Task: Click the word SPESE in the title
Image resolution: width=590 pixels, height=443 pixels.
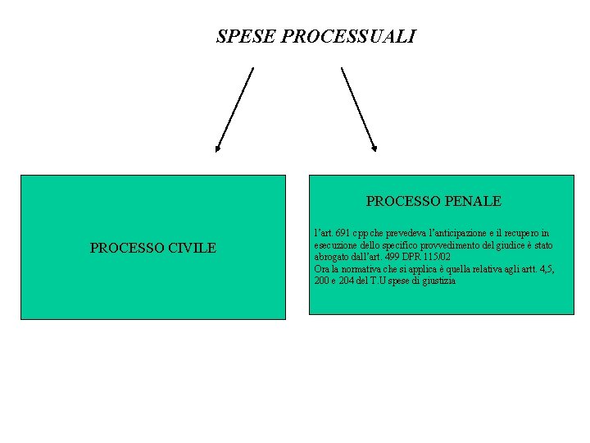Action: click(x=245, y=37)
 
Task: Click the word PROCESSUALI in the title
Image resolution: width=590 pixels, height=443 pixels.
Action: click(x=347, y=37)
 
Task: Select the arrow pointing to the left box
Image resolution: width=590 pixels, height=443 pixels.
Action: click(x=234, y=109)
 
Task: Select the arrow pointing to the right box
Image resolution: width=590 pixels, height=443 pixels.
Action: click(x=359, y=109)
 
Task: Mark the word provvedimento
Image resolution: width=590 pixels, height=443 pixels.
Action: click(x=441, y=245)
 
